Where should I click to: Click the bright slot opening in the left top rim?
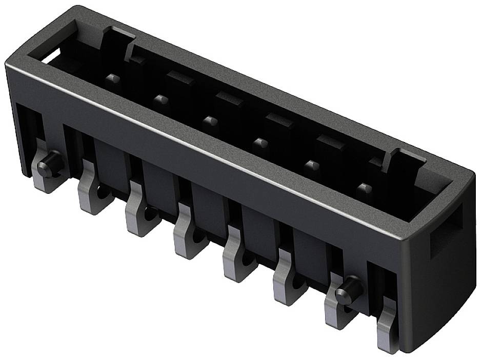click(51, 56)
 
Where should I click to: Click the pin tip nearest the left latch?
click(113, 79)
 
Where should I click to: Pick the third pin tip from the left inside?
click(210, 121)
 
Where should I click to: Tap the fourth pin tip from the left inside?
click(260, 143)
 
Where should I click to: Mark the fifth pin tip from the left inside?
click(311, 165)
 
